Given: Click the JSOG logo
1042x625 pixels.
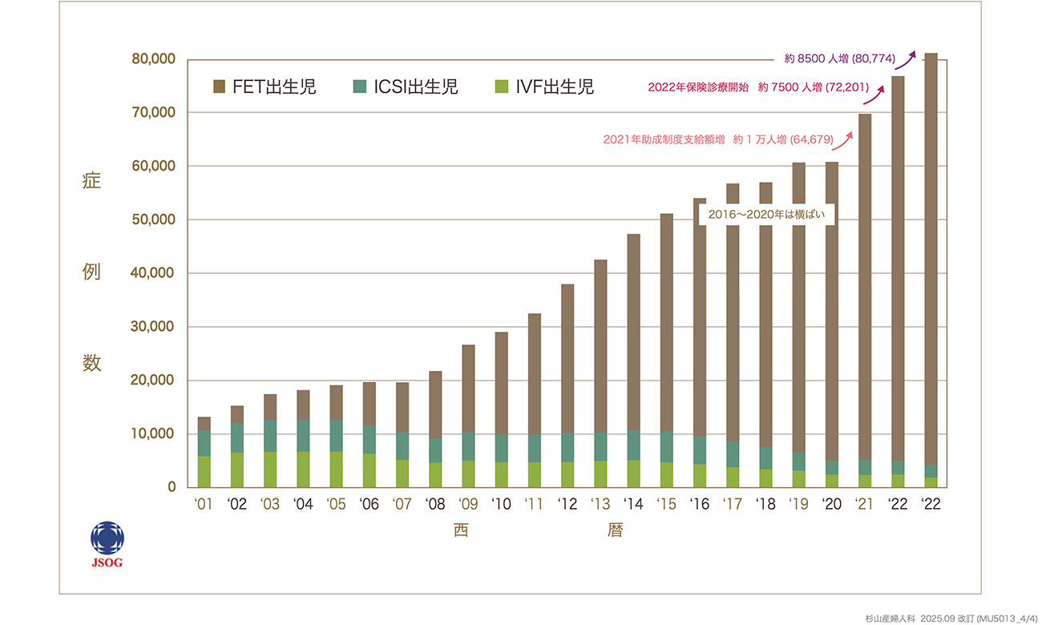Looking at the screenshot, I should coord(107,543).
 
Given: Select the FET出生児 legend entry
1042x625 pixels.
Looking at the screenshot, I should coord(265,87).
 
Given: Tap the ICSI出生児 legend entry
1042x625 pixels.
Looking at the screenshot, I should coord(405,87).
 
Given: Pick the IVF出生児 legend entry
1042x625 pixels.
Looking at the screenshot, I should coord(544,87).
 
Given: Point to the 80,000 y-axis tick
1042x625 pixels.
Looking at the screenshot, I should coord(152,59).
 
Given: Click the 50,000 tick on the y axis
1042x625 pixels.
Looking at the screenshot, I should coord(152,220).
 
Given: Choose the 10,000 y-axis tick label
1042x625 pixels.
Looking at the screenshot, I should coord(152,433).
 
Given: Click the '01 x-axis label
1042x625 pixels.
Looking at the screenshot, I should coord(204,504).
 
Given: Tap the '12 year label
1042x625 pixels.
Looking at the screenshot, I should coord(567,504).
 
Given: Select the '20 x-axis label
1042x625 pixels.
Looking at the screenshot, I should coord(831,504).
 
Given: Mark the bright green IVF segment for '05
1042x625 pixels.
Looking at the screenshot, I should coord(336,469).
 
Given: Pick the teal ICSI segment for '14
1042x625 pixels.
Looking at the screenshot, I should coord(633,446).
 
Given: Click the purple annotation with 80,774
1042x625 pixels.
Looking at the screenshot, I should coord(839,58).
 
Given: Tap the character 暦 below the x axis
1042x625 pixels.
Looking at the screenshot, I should coord(615,530).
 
